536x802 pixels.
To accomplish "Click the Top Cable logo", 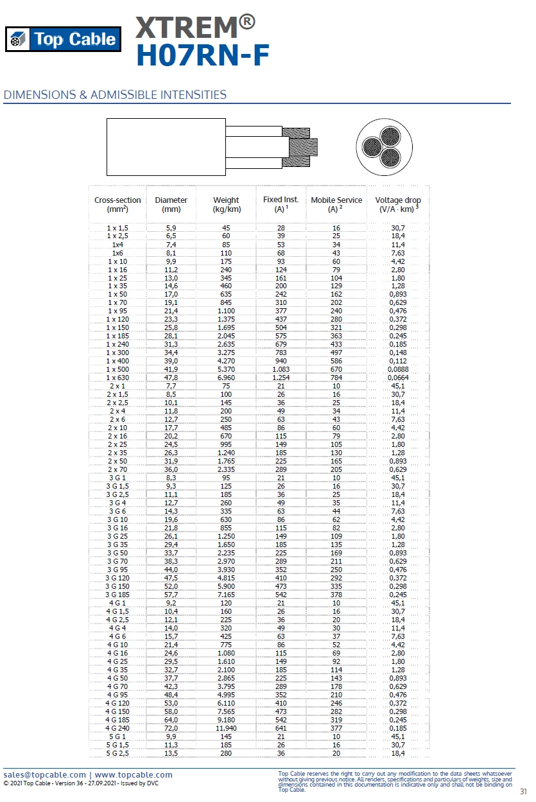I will [x=63, y=39].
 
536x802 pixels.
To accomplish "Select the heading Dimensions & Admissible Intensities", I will [x=115, y=95].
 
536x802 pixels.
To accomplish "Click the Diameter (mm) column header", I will [x=171, y=204].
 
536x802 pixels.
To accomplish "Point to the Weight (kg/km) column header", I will [x=226, y=204].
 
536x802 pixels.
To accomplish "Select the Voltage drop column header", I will [x=398, y=204].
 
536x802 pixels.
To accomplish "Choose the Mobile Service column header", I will [x=336, y=204].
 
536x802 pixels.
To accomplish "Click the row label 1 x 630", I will [x=117, y=378].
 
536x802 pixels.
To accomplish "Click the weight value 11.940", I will [x=226, y=728].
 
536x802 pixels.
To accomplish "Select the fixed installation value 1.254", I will [x=281, y=378].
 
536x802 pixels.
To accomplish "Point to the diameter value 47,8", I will [x=171, y=378].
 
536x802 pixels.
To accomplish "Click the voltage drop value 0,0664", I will [x=398, y=378].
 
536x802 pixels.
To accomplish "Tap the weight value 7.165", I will [x=226, y=595].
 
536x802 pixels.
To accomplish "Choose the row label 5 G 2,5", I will [x=117, y=753].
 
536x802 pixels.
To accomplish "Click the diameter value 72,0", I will [x=171, y=728].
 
